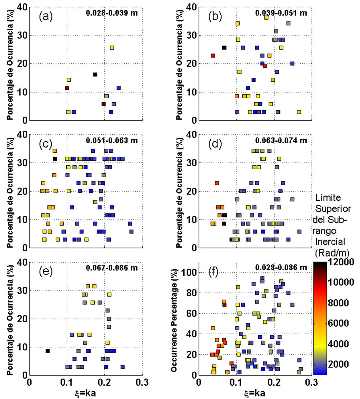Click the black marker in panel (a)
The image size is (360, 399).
tap(95, 75)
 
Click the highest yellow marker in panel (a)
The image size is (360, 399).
tap(112, 48)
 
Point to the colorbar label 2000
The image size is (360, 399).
tap(339, 364)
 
